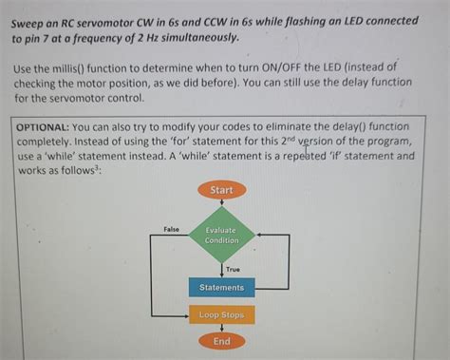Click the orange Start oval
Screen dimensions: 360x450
221,190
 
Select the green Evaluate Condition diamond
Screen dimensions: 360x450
221,236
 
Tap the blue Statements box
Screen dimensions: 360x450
221,288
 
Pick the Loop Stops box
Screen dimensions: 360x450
221,314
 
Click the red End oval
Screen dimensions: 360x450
221,341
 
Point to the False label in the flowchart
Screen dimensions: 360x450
171,230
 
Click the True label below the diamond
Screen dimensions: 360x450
233,270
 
